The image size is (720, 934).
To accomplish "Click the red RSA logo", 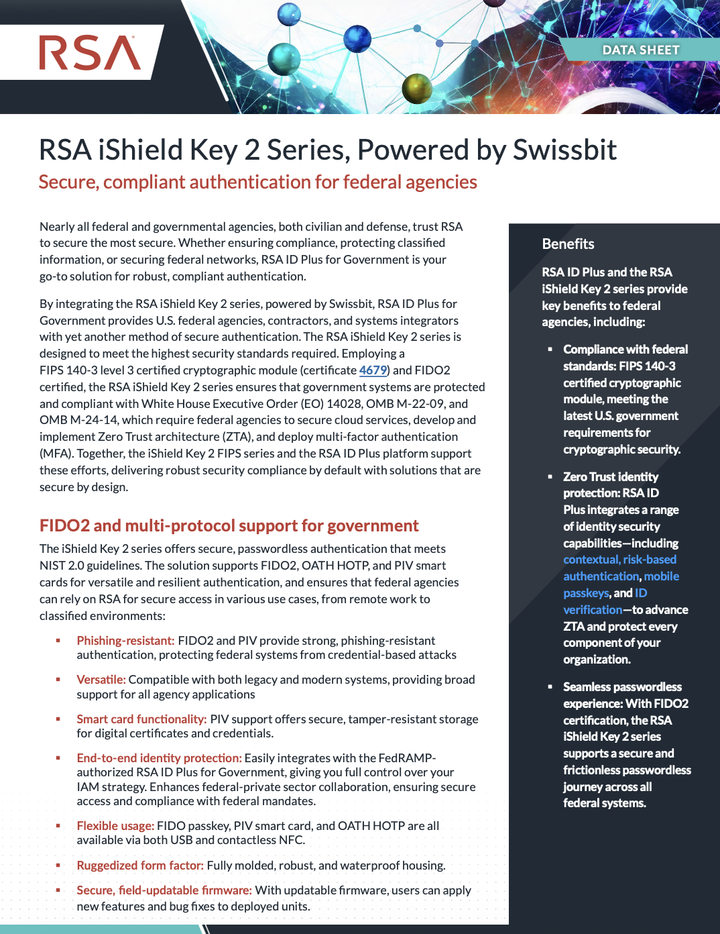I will point(90,53).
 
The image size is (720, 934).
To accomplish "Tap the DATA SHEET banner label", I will point(640,50).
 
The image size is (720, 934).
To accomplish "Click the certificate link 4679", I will point(373,370).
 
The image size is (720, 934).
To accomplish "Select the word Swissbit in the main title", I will point(564,150).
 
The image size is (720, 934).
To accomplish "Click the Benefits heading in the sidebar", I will point(568,244).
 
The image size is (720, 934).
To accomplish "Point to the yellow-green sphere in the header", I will point(416,87).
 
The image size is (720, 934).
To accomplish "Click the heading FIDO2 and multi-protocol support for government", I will point(229,525).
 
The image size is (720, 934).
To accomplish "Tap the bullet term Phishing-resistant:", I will point(125,641).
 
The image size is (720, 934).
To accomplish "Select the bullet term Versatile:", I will point(101,680).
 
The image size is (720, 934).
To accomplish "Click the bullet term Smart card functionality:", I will point(141,719).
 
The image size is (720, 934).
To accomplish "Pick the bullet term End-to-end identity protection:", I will point(159,758).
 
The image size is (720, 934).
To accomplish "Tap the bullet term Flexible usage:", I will point(115,826).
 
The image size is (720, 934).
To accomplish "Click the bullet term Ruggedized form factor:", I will point(140,866).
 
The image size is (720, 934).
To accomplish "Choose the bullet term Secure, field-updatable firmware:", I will point(164,890).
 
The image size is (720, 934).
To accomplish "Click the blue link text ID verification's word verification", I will point(593,610).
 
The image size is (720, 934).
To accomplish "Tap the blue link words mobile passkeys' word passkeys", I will point(586,593).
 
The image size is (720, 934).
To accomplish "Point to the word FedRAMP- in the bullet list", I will point(407,758).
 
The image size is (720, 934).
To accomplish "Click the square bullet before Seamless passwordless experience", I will point(550,687).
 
